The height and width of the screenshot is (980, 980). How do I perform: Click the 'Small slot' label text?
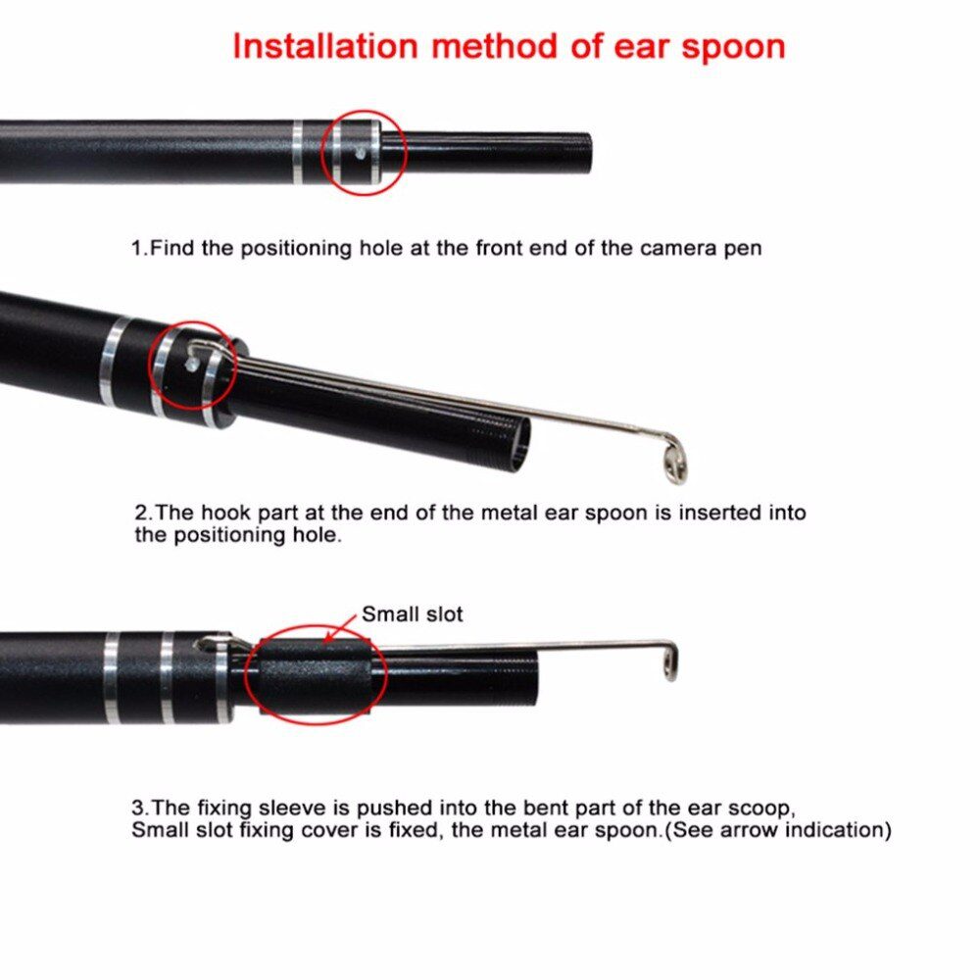point(412,614)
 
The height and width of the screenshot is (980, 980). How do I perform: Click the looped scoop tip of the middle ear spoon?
point(671,460)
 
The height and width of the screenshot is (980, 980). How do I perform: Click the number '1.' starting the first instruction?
point(140,248)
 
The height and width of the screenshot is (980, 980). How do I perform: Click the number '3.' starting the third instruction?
point(141,809)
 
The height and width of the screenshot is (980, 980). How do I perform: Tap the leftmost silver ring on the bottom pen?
point(112,677)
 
